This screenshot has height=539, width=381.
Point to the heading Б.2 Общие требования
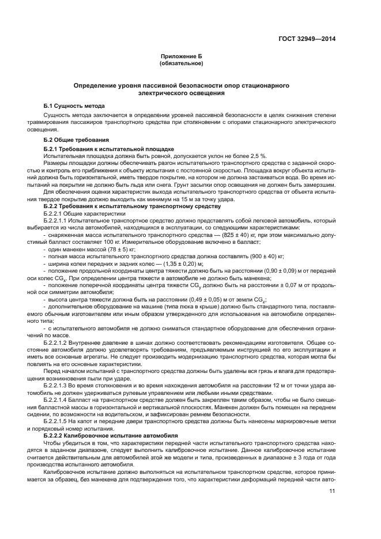(x=76, y=140)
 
